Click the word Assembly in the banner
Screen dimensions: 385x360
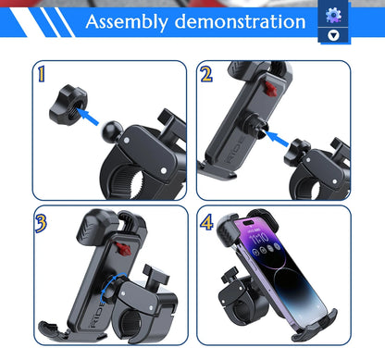pos(127,22)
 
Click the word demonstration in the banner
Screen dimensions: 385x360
pos(240,21)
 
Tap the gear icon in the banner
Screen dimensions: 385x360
pos(333,15)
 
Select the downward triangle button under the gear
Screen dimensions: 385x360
pos(333,35)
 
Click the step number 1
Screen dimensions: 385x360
pos(42,74)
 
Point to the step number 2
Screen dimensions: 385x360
pos(206,74)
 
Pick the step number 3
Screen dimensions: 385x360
pos(41,223)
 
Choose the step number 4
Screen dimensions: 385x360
pos(206,222)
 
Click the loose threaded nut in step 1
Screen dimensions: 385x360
pos(68,105)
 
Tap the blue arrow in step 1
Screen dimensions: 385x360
pos(89,117)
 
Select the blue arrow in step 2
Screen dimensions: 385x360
pos(277,139)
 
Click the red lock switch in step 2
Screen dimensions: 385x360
pos(269,87)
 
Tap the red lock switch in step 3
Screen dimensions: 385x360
pos(123,249)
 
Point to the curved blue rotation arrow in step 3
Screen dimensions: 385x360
pos(111,286)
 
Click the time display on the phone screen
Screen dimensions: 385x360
pos(259,238)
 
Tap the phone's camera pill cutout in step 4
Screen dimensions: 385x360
pos(248,223)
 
